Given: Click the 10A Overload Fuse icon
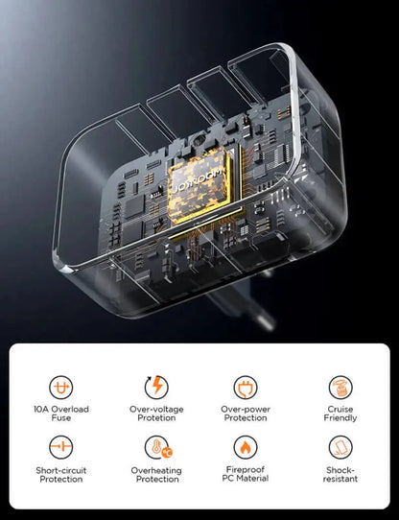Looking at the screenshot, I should [61, 386].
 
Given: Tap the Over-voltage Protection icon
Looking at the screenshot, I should [156, 386].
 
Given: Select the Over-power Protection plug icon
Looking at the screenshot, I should [246, 386].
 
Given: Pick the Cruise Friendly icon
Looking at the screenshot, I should [340, 386].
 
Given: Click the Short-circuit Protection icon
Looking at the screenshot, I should [61, 447].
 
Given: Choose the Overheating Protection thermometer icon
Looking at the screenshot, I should [156, 447].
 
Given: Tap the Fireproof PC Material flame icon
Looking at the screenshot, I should [246, 447].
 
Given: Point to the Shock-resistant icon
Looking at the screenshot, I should [340, 447].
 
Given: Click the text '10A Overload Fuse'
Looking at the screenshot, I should [61, 413].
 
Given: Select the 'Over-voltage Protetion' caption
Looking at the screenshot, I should [156, 413].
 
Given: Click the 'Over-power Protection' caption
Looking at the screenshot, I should [246, 413].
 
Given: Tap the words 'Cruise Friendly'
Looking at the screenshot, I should [340, 413].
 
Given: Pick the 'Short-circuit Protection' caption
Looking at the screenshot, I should [61, 474].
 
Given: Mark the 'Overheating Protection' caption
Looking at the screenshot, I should [156, 474].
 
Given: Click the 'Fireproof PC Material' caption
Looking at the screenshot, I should [246, 474].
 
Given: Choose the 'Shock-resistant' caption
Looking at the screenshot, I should [340, 474].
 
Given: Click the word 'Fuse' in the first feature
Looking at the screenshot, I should [61, 418].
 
